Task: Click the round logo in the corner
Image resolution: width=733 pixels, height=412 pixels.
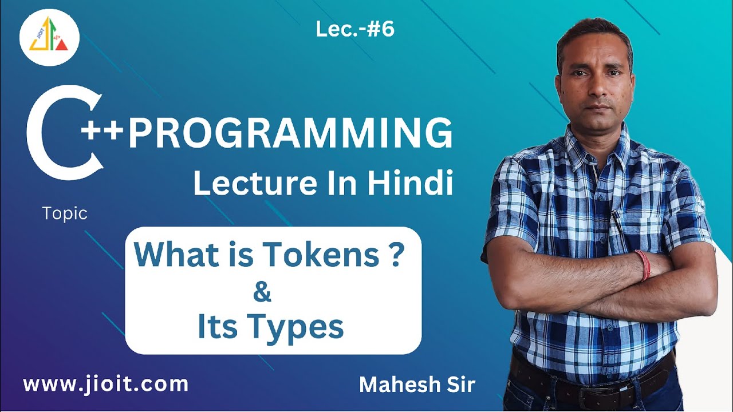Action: click(x=49, y=37)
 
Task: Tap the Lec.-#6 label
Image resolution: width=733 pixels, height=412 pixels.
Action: click(x=355, y=30)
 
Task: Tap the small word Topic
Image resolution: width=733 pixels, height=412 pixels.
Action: click(x=65, y=214)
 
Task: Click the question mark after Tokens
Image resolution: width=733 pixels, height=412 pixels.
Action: click(x=393, y=256)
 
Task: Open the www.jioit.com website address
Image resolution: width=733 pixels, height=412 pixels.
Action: click(x=105, y=383)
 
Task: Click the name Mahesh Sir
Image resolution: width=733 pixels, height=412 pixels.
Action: click(x=417, y=385)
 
